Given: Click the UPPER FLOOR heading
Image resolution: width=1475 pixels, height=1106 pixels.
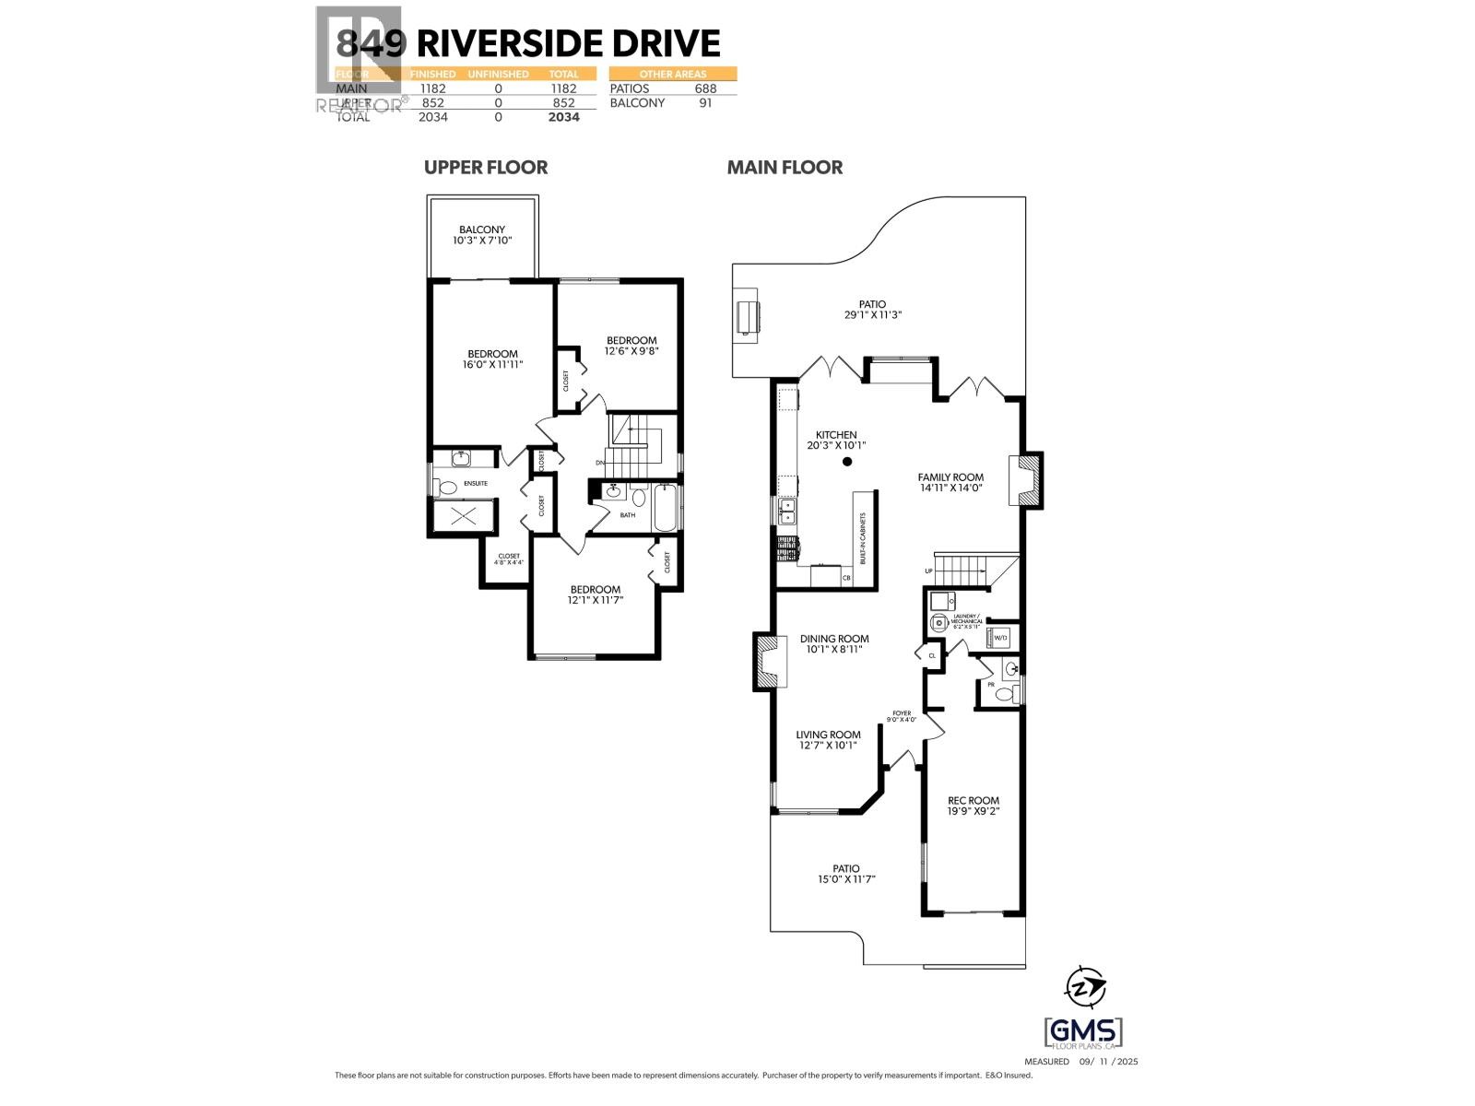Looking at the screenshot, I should [x=486, y=167].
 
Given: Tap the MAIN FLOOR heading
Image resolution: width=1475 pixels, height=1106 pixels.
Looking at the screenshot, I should [x=785, y=167].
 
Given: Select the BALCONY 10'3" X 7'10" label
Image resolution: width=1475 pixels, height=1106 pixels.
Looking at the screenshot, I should [x=482, y=235].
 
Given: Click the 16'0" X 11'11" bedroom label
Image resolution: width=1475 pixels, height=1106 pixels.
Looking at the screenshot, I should [x=492, y=359].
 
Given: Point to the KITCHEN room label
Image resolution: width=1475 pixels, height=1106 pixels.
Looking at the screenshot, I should [x=836, y=440].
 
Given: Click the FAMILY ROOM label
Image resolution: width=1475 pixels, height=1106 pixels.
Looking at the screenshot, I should [x=950, y=482].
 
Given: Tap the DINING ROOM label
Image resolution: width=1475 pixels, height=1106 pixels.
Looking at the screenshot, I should [x=834, y=643].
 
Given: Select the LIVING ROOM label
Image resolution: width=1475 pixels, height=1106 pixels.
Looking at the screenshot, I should [x=828, y=740].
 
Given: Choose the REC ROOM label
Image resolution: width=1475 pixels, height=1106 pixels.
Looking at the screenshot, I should [x=973, y=806].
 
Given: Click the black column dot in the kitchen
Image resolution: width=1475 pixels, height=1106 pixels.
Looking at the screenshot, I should [x=847, y=462].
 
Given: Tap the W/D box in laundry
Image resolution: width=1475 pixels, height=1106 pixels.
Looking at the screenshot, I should [x=999, y=637].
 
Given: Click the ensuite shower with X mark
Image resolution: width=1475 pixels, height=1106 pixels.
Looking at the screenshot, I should [x=463, y=516].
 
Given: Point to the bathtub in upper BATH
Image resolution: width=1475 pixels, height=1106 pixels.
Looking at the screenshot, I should [x=665, y=509].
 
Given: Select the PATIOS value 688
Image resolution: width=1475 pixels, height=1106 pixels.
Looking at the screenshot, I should [x=705, y=88].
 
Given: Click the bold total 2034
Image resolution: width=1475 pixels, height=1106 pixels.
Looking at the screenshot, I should [x=563, y=117].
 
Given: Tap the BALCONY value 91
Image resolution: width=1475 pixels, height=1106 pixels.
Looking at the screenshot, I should [x=705, y=102].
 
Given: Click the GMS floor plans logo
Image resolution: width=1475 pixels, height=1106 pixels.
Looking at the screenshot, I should [x=1082, y=1032].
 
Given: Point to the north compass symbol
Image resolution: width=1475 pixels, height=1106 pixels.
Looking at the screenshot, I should [x=1084, y=987].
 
